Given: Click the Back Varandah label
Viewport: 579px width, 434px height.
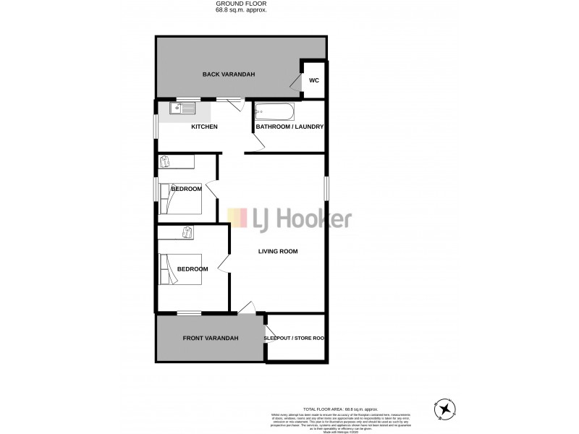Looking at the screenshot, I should [x=229, y=75].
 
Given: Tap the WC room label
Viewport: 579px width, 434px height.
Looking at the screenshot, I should [x=313, y=80].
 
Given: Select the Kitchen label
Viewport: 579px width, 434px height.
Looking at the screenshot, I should [x=204, y=127].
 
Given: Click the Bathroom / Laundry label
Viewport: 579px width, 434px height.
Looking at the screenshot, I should [x=289, y=127].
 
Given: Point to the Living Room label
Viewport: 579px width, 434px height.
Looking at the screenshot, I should [x=279, y=252].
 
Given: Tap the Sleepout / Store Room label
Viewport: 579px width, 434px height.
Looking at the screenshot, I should [x=293, y=338].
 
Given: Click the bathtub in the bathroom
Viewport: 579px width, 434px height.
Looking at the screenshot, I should [x=274, y=113].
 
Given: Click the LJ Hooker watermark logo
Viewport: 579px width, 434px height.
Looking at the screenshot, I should [x=289, y=218].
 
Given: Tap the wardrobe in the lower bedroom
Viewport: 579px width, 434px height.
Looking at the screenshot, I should [x=188, y=232].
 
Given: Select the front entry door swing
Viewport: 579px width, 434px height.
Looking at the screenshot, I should [x=248, y=307].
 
